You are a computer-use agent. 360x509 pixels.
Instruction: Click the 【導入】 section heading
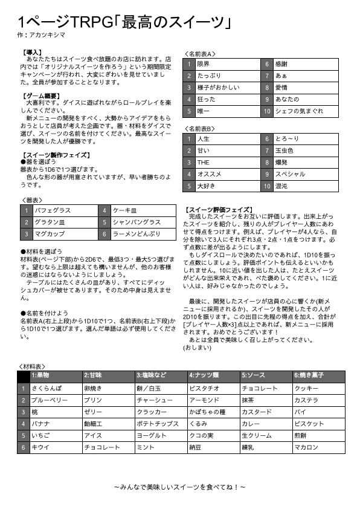pos(31,53)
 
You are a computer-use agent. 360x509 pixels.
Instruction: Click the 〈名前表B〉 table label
pos(199,129)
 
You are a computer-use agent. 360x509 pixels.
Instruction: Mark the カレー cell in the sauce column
pos(250,424)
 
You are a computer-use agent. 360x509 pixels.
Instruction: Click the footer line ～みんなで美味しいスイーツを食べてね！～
pos(179,486)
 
